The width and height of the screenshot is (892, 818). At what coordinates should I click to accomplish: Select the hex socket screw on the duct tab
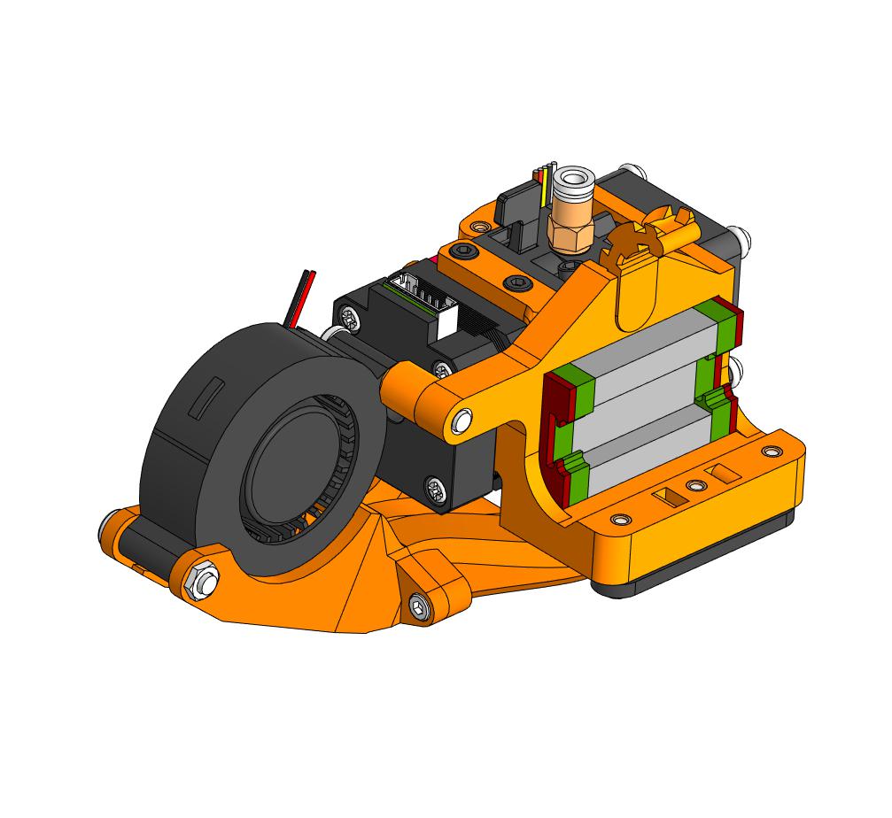(419, 606)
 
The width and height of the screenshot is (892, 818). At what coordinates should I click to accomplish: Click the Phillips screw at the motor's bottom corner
(436, 487)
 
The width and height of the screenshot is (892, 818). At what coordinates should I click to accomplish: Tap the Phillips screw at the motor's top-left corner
(352, 313)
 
